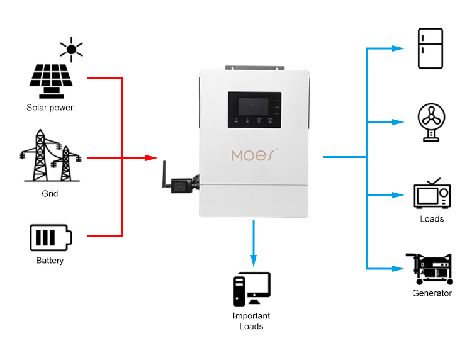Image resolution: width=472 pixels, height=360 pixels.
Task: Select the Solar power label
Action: click(x=50, y=108)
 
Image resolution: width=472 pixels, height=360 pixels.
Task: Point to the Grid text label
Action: click(x=50, y=194)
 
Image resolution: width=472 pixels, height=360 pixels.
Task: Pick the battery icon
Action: click(x=50, y=238)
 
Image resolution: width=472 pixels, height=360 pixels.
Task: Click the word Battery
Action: click(x=50, y=261)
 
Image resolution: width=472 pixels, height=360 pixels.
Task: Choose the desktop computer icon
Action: click(x=251, y=290)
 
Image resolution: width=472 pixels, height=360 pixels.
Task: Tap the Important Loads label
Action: click(x=251, y=321)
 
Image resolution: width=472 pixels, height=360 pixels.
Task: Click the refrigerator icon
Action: click(x=431, y=48)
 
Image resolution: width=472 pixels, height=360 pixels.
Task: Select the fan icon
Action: click(x=432, y=121)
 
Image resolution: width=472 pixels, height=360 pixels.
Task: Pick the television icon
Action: click(x=432, y=194)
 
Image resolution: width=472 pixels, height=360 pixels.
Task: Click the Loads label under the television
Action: click(x=432, y=219)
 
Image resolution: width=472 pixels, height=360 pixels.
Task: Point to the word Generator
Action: click(x=432, y=293)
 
